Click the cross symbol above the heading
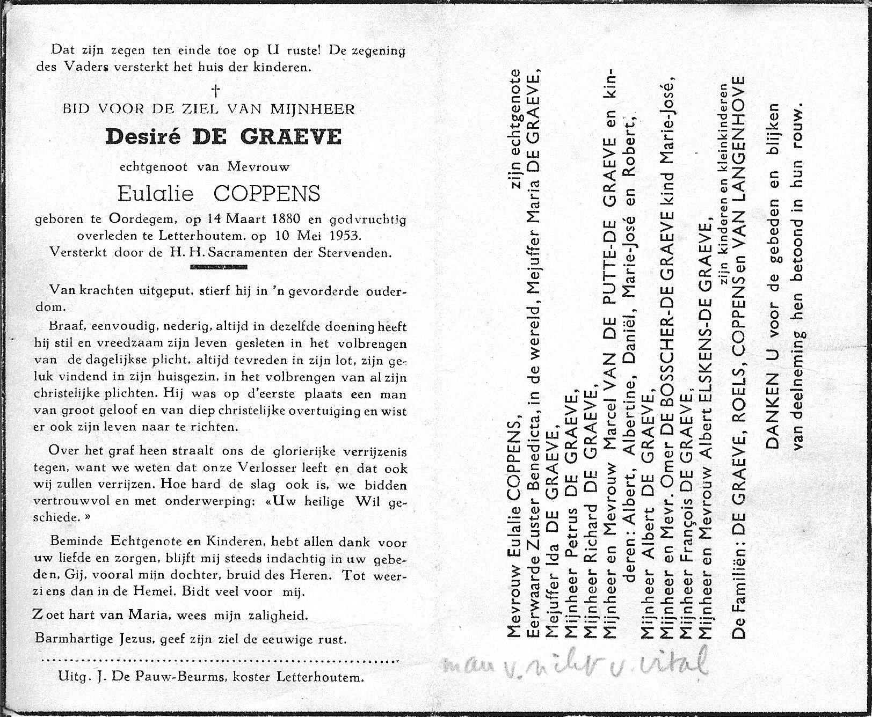[217, 90]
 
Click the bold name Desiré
[141, 137]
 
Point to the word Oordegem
[139, 220]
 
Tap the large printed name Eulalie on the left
[155, 193]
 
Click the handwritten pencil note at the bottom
[575, 664]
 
